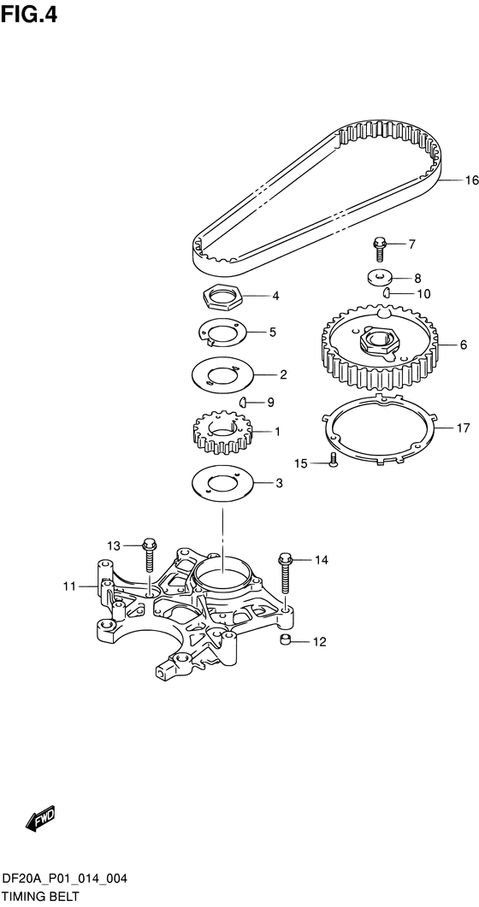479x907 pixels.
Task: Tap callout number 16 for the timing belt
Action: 472,180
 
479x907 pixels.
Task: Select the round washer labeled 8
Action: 380,278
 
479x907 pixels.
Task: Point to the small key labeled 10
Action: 387,293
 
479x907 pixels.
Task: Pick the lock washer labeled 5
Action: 222,333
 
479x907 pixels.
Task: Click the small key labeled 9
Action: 244,402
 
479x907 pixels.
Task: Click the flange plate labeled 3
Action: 222,484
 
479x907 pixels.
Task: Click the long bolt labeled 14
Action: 285,573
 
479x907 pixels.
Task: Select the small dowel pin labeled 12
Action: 285,639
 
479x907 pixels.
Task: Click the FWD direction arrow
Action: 40,819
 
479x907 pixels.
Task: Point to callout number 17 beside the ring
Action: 463,428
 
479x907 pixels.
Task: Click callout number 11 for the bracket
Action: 70,586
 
